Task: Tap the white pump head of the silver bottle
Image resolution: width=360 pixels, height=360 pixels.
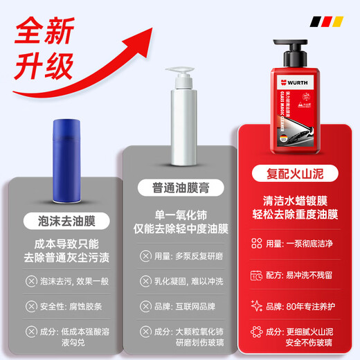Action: point(175,76)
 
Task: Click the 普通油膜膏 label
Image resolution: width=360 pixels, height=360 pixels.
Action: point(179,188)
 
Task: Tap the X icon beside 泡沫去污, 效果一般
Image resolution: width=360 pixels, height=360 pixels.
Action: point(30,281)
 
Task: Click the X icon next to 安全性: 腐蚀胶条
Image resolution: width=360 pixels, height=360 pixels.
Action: point(30,306)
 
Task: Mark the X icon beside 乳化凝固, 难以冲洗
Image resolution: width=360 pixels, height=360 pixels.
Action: point(145,280)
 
